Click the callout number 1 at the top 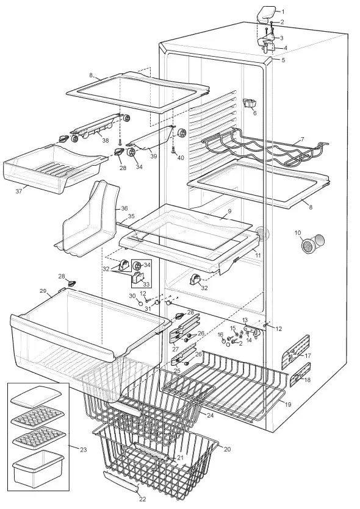click(282, 11)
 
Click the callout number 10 click(298, 233)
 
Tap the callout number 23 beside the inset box click(83, 449)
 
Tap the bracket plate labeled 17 click(295, 352)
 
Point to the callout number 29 click(43, 290)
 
